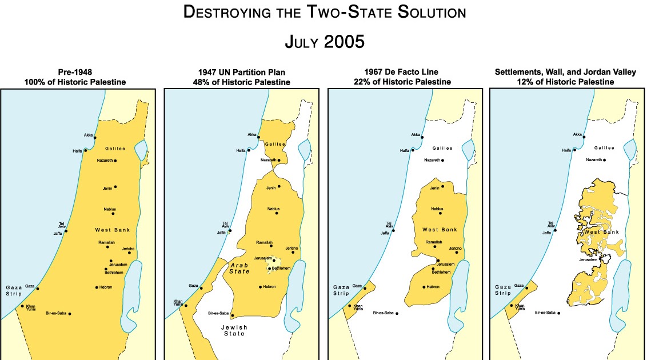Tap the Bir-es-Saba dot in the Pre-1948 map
[x=69, y=314]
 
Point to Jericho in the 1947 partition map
[x=291, y=248]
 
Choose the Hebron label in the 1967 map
[x=433, y=286]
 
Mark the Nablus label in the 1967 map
[x=437, y=209]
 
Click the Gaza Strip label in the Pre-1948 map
[x=13, y=290]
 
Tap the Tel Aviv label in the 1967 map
[x=389, y=225]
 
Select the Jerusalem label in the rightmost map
[x=588, y=260]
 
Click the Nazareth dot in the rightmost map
[x=606, y=160]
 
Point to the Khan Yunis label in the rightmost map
[x=520, y=307]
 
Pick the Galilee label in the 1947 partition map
[x=275, y=145]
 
